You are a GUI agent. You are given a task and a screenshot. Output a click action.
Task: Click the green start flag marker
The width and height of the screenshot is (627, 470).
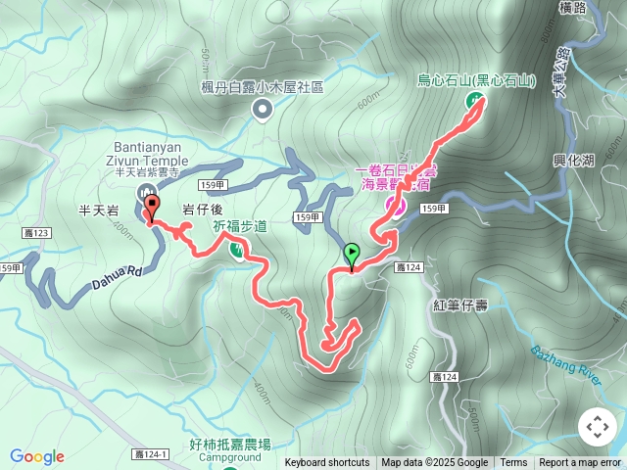pyautogui.click(x=352, y=255)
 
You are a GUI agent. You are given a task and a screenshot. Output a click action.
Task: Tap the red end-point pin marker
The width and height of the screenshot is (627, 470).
pyautogui.click(x=152, y=207)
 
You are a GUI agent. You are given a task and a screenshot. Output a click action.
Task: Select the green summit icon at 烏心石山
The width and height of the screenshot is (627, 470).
pyautogui.click(x=474, y=100)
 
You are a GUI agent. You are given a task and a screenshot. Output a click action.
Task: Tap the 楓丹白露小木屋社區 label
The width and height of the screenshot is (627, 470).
pyautogui.click(x=262, y=87)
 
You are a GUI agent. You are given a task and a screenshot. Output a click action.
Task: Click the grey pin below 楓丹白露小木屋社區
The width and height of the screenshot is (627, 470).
pyautogui.click(x=262, y=110)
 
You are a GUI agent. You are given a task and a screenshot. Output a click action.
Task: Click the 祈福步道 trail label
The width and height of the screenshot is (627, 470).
pyautogui.click(x=240, y=225)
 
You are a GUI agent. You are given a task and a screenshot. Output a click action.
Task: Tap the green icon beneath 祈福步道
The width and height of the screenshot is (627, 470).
pyautogui.click(x=238, y=250)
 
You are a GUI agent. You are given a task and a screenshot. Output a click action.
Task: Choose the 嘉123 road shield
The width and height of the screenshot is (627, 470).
pyautogui.click(x=35, y=232)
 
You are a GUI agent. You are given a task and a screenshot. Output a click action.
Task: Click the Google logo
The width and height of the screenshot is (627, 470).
pyautogui.click(x=37, y=456)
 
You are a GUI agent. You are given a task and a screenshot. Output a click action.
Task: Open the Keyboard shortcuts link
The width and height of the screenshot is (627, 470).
pyautogui.click(x=327, y=463)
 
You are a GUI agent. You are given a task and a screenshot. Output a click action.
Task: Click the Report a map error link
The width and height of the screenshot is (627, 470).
pyautogui.click(x=581, y=463)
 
